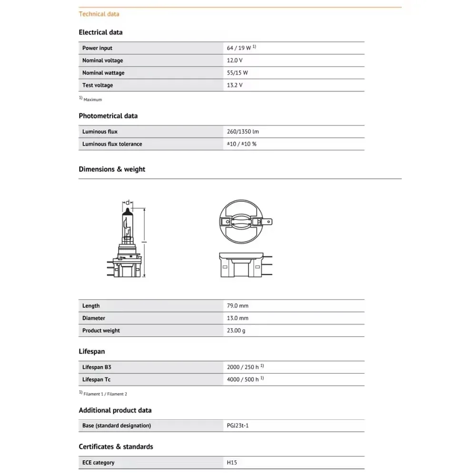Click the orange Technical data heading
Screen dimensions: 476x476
[99, 14]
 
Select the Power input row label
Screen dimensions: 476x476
[97, 48]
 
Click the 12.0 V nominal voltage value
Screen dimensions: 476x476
[235, 60]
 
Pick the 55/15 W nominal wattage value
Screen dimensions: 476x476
[238, 73]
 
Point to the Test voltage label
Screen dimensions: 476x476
[98, 85]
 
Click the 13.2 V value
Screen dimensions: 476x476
[235, 85]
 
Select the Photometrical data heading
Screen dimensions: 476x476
[108, 116]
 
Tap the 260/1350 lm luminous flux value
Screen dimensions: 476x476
[243, 131]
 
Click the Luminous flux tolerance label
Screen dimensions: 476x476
[112, 144]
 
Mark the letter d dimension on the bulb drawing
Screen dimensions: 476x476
[127, 202]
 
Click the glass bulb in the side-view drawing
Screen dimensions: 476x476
[127, 224]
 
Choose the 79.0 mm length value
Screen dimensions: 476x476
[238, 306]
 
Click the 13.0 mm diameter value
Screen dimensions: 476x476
[238, 318]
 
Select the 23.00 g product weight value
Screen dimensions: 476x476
[237, 330]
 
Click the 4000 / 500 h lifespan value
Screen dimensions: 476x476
[243, 379]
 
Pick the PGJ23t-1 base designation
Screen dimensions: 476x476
[238, 426]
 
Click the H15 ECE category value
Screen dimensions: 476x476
[231, 462]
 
